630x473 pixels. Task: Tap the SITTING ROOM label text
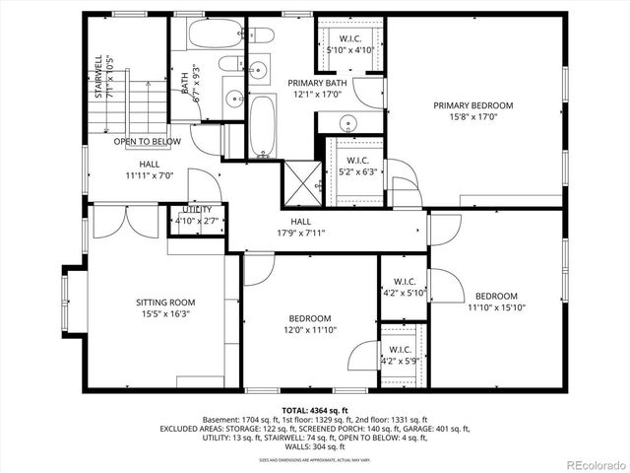tap(164, 303)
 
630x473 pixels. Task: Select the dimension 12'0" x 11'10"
tap(310, 330)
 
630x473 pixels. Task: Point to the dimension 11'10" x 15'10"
tap(497, 307)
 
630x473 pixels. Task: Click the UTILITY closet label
tap(197, 210)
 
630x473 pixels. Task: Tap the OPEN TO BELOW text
tap(147, 142)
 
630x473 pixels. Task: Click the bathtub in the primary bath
tap(261, 125)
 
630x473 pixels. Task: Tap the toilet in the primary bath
tap(261, 35)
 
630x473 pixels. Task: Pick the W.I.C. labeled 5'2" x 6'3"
tap(357, 167)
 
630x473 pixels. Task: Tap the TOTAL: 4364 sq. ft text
tap(315, 410)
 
